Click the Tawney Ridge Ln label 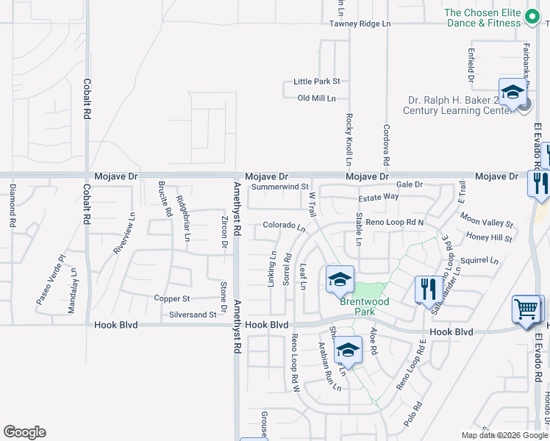point(360,24)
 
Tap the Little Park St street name point(316,82)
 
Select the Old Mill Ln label point(316,98)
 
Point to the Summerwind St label point(279,187)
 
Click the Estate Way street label point(378,197)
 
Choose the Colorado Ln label point(284,226)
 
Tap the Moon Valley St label point(486,220)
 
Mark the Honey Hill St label point(489,237)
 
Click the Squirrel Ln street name point(479,260)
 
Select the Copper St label point(172,298)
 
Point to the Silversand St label point(193,315)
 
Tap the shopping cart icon point(526,309)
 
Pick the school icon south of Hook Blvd point(349,350)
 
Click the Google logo point(24,432)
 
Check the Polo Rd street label point(413,415)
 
